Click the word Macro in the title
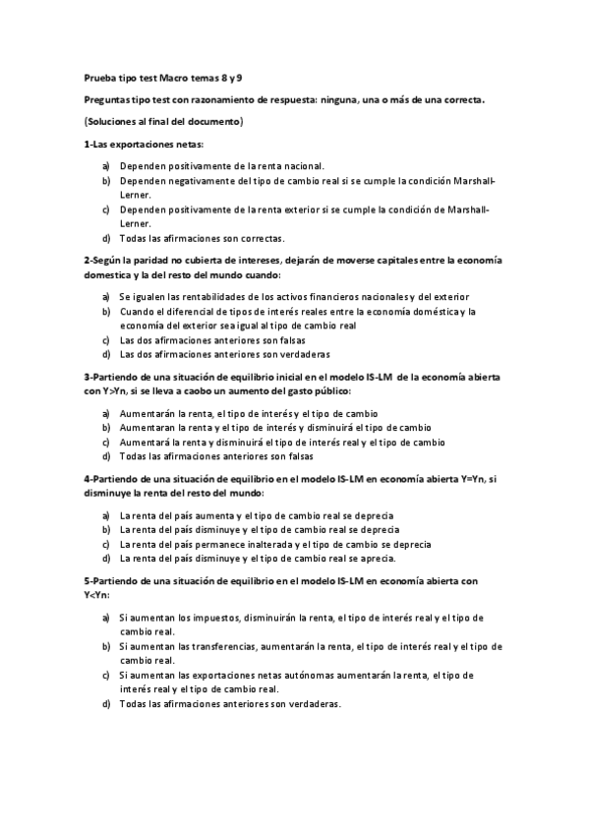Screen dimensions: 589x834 [x=173, y=78]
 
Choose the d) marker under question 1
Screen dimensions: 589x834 [x=105, y=238]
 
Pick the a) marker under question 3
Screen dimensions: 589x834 [x=105, y=414]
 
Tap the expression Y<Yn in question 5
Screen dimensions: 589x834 [x=96, y=594]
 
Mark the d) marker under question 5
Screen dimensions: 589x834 [x=105, y=704]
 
